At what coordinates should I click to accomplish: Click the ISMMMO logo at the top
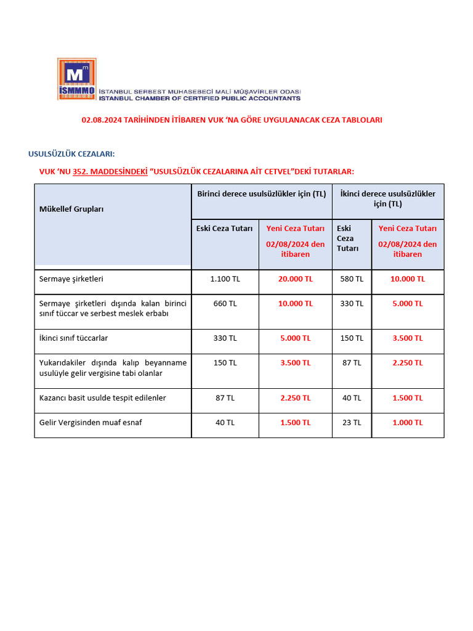tap(77, 79)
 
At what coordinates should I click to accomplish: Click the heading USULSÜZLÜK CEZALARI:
tap(71, 153)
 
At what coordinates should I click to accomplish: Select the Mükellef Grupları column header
tap(71, 209)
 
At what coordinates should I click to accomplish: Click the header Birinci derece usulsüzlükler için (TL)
tap(261, 194)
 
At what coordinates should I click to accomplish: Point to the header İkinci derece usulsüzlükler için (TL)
tap(387, 198)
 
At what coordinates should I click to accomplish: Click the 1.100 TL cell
tap(225, 279)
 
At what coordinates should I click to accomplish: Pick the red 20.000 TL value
tap(295, 279)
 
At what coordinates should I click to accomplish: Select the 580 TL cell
tap(352, 279)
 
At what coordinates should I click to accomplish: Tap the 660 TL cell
tap(225, 304)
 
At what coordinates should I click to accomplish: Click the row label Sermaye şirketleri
tap(71, 279)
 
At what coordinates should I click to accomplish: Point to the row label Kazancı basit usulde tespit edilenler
tap(102, 398)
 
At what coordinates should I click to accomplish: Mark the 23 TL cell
tap(352, 423)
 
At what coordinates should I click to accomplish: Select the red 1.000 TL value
tap(407, 423)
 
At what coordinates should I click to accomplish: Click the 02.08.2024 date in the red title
tap(102, 120)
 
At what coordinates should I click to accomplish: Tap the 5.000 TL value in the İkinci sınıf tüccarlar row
tap(295, 338)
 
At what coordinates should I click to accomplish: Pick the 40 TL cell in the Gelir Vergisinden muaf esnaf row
tap(225, 423)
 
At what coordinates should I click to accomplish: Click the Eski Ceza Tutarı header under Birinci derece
tap(224, 229)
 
